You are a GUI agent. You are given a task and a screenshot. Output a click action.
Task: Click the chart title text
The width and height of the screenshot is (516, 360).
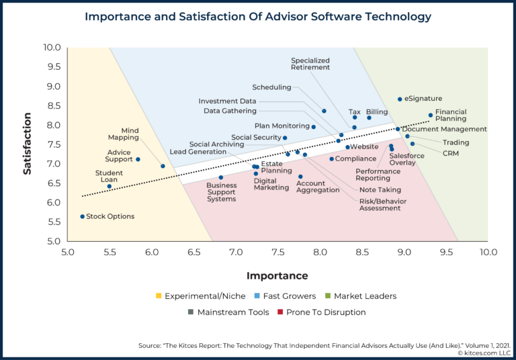(x=258, y=16)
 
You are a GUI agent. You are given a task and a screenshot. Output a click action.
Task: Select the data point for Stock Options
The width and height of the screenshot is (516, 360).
(x=83, y=216)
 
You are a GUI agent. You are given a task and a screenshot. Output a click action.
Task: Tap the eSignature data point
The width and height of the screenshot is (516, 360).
(x=400, y=99)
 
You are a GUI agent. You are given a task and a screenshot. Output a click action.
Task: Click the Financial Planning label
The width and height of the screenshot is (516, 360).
(x=451, y=116)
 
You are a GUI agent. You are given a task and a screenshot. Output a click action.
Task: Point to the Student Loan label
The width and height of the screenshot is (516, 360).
(x=109, y=177)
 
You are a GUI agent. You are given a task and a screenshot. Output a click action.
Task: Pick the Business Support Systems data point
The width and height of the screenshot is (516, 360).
(x=221, y=178)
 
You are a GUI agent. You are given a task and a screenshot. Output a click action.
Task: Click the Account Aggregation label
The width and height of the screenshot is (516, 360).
(x=318, y=187)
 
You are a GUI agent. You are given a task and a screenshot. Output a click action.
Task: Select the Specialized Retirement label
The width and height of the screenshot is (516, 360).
(x=310, y=64)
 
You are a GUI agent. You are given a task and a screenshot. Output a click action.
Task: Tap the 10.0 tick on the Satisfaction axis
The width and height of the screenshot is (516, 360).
(x=52, y=48)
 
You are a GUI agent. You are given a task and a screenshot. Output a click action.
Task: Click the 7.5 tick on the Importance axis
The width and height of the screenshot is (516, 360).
(x=278, y=252)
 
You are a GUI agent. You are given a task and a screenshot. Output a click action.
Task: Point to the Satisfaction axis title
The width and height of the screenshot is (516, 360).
(x=28, y=144)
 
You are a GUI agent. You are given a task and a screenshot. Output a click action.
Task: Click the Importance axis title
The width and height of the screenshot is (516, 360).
(x=277, y=275)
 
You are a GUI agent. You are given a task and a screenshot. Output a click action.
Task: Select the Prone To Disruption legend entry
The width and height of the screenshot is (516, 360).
(x=321, y=312)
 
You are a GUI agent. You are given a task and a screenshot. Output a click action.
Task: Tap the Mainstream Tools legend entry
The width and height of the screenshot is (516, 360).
(x=228, y=312)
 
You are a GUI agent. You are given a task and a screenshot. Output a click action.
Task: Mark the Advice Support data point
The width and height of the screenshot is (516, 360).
(x=138, y=159)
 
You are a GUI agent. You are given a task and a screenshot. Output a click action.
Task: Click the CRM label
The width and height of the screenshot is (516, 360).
(x=451, y=153)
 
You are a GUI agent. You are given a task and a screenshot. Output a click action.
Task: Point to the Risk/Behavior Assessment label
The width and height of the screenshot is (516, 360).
(x=380, y=204)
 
